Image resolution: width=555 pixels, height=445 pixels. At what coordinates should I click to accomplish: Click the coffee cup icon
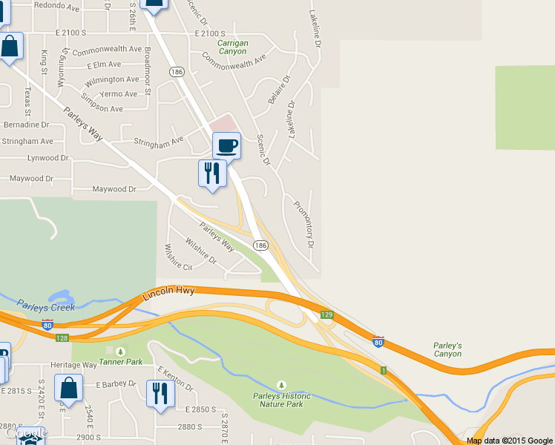(x=226, y=145)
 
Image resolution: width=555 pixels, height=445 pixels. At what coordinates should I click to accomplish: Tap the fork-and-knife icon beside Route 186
(x=212, y=173)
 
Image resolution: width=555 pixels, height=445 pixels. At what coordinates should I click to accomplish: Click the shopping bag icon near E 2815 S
(x=69, y=388)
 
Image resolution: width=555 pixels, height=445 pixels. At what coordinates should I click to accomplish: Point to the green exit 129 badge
(x=326, y=315)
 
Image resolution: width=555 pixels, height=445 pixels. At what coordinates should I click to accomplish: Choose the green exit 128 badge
(x=62, y=337)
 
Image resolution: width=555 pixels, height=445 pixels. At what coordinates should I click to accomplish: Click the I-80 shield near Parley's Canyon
(x=378, y=342)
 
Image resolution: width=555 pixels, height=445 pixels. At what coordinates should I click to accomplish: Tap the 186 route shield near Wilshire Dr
(x=260, y=245)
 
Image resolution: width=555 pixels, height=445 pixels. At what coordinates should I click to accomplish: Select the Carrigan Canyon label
(x=233, y=47)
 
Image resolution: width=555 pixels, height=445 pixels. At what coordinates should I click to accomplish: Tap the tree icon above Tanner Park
(x=120, y=351)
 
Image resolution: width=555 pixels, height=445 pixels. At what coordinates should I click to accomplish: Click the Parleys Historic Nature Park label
(x=280, y=400)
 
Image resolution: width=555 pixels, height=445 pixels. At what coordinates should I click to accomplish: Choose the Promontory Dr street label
(x=304, y=223)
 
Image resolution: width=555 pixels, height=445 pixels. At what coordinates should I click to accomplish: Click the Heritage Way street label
(x=73, y=365)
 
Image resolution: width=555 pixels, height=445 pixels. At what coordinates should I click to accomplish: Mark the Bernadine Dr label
(x=25, y=125)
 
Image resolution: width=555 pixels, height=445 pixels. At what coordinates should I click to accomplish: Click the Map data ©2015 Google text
(x=509, y=440)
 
